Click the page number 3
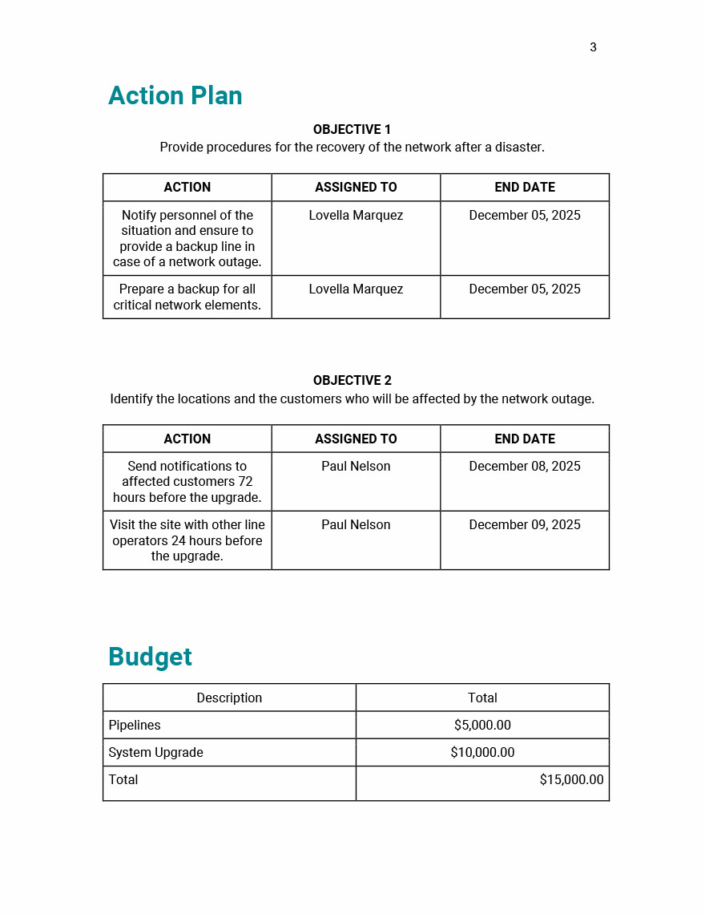point(593,47)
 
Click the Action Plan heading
point(175,95)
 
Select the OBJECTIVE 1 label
point(352,129)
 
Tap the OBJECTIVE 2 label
point(352,380)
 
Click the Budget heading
point(150,657)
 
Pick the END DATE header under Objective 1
point(525,187)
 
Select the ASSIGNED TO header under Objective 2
point(356,439)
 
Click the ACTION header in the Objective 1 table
point(187,187)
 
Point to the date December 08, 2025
point(525,466)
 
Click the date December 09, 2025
point(525,524)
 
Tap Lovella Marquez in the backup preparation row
point(356,289)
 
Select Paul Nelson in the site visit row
point(356,524)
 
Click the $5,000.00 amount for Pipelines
point(482,725)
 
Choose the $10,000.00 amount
point(482,752)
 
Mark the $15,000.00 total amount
point(571,779)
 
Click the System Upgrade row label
point(155,752)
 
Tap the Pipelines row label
point(135,725)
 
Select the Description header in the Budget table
point(229,698)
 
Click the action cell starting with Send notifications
point(187,481)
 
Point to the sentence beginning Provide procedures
point(352,148)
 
